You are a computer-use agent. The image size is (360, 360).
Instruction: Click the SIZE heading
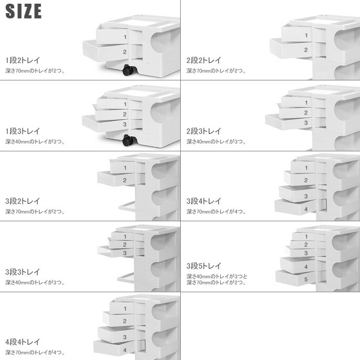coord(24,11)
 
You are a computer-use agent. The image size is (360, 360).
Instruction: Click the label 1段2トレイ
coord(23,60)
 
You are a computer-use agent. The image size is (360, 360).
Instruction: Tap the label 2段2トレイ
coord(203,60)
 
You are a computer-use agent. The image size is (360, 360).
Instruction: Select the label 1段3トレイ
coord(23,131)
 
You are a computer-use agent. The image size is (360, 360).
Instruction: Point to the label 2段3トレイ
coord(203,131)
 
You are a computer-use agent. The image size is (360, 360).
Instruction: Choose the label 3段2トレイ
coord(23,201)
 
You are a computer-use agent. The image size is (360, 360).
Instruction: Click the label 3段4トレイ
coord(203,201)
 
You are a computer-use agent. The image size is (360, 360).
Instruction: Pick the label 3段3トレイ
coord(23,272)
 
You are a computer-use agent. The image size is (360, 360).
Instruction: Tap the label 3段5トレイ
coord(203,266)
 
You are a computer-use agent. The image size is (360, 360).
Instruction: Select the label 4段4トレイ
coord(23,342)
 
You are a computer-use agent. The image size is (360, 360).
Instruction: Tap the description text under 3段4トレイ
coord(216,211)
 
